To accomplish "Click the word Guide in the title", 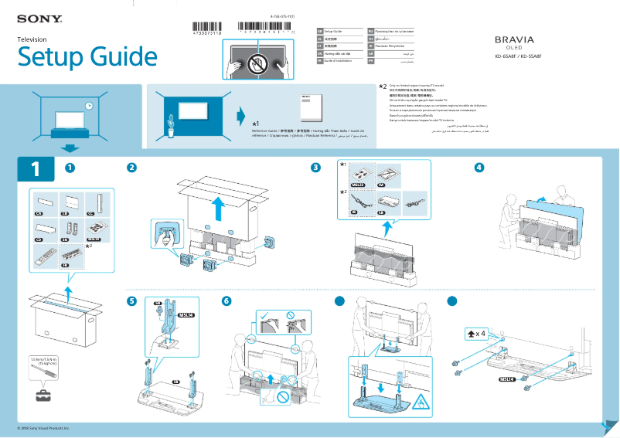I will pyautogui.click(x=122, y=57).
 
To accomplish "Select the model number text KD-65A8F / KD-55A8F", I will pyautogui.click(x=518, y=56).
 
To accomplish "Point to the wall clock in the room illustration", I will pyautogui.click(x=89, y=106).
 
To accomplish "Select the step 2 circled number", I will pyautogui.click(x=132, y=168).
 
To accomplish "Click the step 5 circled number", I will pyautogui.click(x=132, y=300).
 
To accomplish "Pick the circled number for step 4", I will pyautogui.click(x=480, y=168).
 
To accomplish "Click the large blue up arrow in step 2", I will pyautogui.click(x=219, y=207).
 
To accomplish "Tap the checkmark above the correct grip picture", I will pyautogui.click(x=264, y=314).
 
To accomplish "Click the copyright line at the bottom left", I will pyautogui.click(x=43, y=427).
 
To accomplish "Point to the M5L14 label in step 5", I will pyautogui.click(x=186, y=315).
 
